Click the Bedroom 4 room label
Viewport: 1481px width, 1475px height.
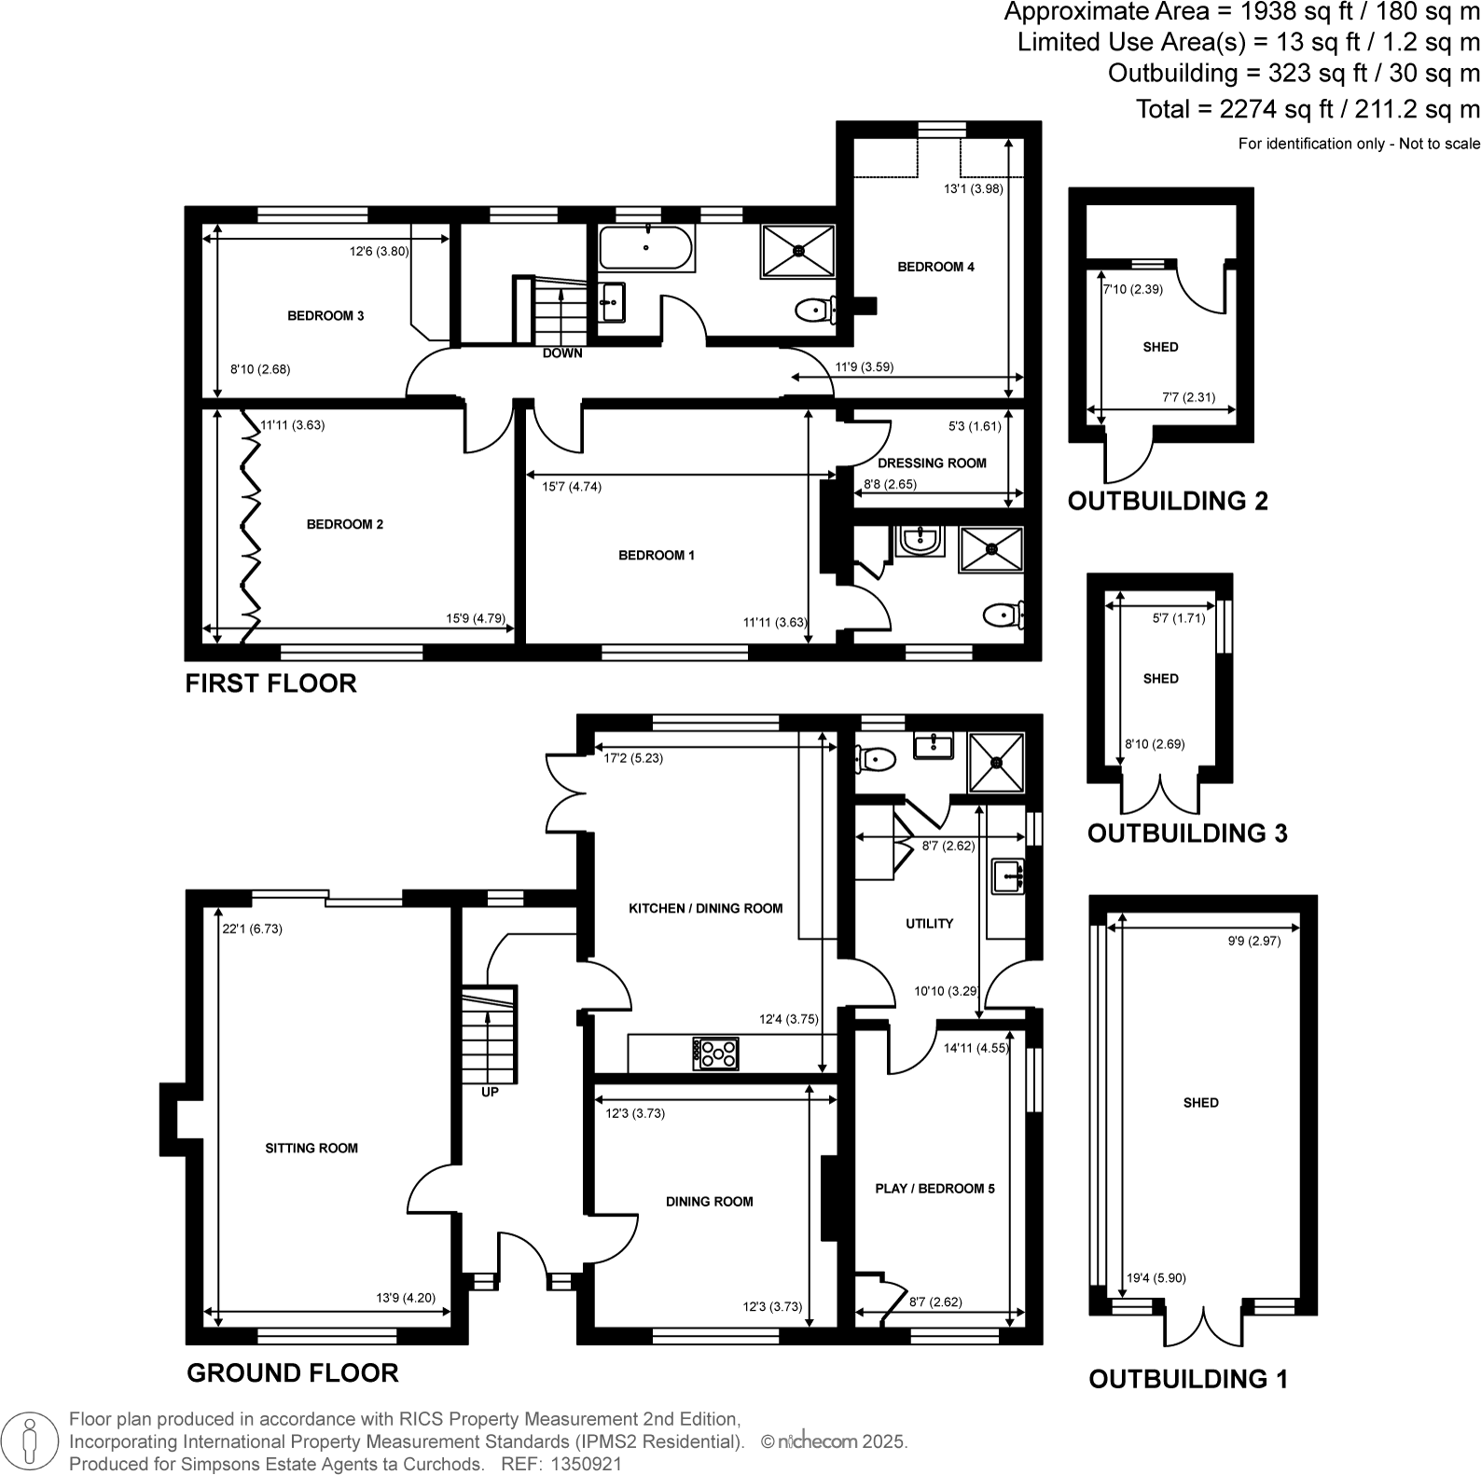click(x=935, y=267)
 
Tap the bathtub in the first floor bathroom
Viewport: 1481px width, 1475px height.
click(x=645, y=248)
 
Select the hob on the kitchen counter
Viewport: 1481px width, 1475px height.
click(x=715, y=1054)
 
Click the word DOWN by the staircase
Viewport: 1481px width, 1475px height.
click(x=562, y=353)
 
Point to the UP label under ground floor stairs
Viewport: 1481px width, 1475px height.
click(x=490, y=1092)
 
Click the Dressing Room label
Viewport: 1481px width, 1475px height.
click(x=932, y=462)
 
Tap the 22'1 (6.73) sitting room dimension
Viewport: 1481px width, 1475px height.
click(x=252, y=929)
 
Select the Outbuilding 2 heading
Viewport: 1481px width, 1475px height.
click(x=1168, y=501)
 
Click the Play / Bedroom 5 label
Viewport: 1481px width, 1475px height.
click(x=934, y=1189)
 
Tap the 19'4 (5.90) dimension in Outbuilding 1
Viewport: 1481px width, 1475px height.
click(x=1156, y=1278)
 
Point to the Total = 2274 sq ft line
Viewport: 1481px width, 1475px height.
click(x=1307, y=109)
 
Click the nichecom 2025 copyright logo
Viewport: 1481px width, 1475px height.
click(x=833, y=1441)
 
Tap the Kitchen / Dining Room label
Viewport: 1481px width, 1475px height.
click(x=706, y=908)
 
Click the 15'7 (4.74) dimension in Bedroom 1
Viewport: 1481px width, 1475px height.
click(x=572, y=486)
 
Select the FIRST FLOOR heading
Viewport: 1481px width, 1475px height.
click(x=270, y=683)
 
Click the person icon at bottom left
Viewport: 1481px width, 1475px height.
click(x=31, y=1441)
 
